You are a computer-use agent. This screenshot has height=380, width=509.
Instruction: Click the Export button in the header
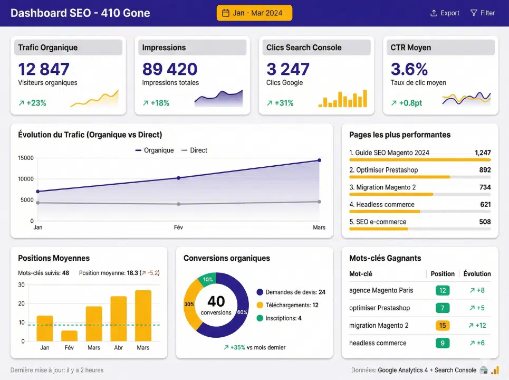tap(445, 13)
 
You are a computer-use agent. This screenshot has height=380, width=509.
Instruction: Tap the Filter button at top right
tap(482, 13)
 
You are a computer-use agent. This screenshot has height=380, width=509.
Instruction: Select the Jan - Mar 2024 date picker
tap(254, 13)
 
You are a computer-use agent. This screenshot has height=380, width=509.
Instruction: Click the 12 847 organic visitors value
tap(44, 69)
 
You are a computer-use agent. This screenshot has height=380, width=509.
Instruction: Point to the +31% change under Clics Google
tap(280, 103)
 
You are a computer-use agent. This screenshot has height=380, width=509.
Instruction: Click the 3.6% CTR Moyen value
tap(409, 69)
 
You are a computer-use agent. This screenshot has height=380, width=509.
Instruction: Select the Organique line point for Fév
tap(179, 178)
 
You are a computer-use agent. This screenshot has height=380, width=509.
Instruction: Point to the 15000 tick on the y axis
tap(25, 158)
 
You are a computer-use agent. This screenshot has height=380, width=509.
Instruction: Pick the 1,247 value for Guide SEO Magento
tap(482, 153)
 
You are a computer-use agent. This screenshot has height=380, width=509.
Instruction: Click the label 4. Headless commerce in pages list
tap(382, 204)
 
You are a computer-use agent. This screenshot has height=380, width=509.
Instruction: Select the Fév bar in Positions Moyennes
tap(69, 336)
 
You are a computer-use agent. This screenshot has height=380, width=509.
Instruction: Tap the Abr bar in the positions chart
tap(118, 318)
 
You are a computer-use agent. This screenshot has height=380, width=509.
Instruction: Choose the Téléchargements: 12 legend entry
tap(287, 305)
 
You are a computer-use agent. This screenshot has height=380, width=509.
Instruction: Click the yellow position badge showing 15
tap(443, 326)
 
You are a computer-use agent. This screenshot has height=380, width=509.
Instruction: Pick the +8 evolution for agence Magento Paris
tap(476, 290)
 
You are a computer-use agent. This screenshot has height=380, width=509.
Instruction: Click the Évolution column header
tap(477, 274)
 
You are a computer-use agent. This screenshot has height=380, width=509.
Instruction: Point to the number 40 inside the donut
tap(216, 301)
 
